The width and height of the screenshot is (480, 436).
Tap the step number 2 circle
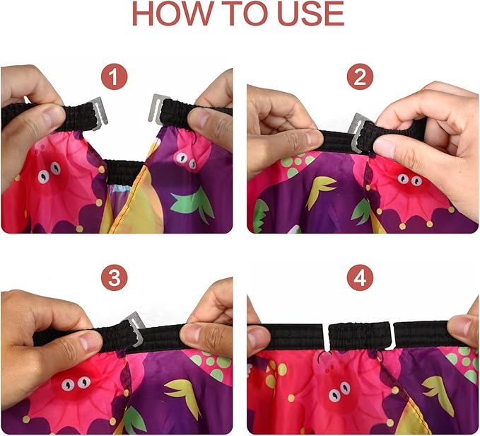click(362, 76)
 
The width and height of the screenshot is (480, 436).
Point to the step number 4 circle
click(362, 278)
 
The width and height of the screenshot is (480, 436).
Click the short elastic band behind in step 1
click(124, 171)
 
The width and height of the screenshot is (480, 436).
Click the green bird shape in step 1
click(192, 203)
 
